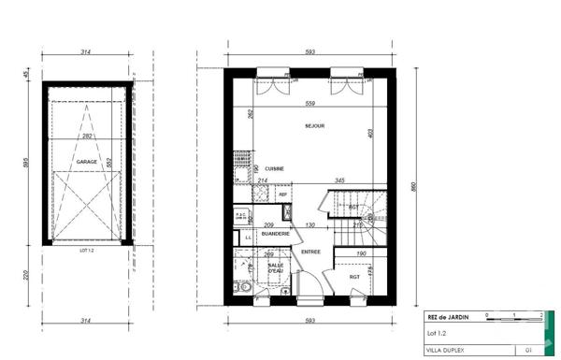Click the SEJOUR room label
(314, 124)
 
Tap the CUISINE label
(273, 168)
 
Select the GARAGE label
(88, 161)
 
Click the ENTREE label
(310, 252)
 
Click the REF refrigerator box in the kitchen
(282, 194)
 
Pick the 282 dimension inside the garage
(88, 137)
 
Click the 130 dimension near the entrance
(309, 225)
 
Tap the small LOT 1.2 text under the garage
(88, 251)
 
